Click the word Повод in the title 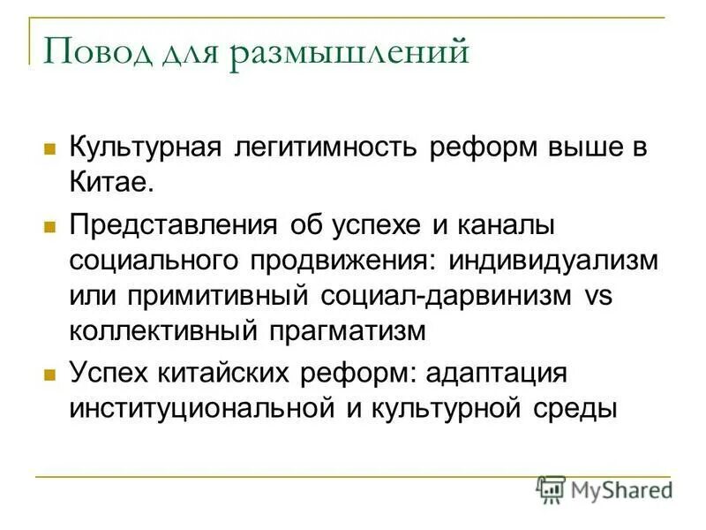pos(90,52)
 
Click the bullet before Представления pos(50,225)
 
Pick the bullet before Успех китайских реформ pos(50,374)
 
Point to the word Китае pos(112,185)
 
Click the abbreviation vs pos(598,295)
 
